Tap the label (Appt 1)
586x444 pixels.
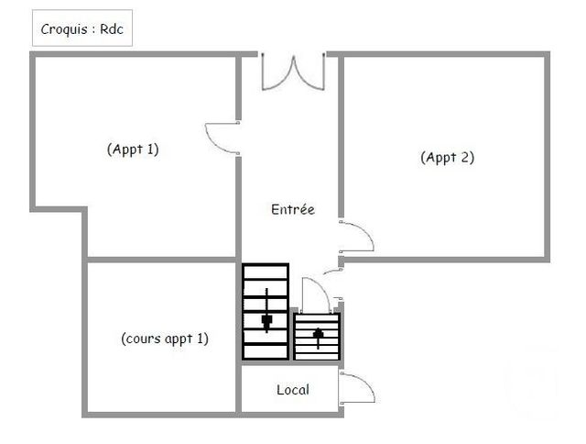[133, 149]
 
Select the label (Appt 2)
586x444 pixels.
[447, 156]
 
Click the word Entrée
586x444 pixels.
[293, 209]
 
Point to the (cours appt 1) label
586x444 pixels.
[165, 339]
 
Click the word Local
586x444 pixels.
[293, 389]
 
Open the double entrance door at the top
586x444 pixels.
[293, 72]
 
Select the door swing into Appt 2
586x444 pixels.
[357, 237]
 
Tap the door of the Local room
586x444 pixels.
[357, 388]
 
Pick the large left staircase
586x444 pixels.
[266, 312]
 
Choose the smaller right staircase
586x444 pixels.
[317, 337]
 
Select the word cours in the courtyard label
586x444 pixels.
[142, 339]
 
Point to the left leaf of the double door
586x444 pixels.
[277, 72]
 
